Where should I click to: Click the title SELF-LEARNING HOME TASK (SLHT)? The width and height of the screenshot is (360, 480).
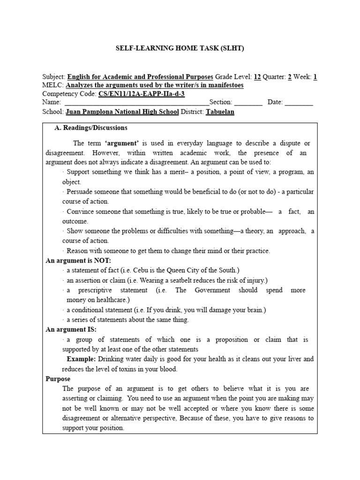tap(180, 49)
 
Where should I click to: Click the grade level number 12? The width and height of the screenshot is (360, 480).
tap(257, 77)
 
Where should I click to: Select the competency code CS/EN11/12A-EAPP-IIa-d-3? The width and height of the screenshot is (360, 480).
tap(142, 94)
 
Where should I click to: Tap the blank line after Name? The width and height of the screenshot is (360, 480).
tap(136, 103)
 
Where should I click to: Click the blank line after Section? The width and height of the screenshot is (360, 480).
tap(248, 103)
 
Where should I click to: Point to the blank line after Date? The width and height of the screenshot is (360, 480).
tap(299, 103)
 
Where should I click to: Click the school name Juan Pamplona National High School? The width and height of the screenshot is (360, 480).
tap(122, 112)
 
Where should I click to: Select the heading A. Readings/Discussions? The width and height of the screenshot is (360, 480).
tap(91, 127)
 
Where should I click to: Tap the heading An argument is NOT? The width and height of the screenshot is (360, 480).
tap(78, 261)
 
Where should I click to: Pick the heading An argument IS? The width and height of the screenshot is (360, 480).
tap(71, 330)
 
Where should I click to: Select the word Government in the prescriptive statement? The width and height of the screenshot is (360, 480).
tap(210, 290)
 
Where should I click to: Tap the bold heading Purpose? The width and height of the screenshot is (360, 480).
tap(58, 379)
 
